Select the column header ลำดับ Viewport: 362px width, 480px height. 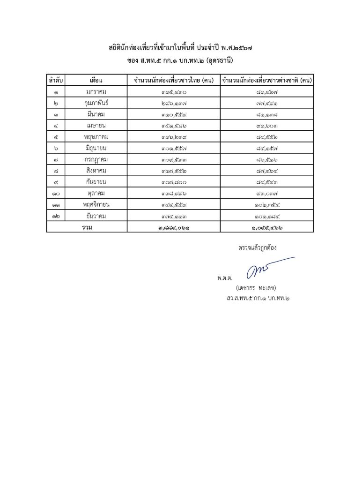tap(56, 80)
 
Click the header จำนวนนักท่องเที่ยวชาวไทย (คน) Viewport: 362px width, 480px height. tap(173, 80)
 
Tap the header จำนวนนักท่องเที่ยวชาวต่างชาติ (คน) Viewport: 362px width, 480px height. tap(267, 80)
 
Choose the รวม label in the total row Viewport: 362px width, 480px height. tap(86, 227)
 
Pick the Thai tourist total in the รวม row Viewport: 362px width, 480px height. tap(173, 227)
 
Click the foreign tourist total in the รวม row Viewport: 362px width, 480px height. tap(267, 227)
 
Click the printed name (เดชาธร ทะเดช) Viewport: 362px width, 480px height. tap(257, 287)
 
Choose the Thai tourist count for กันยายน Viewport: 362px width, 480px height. tap(173, 182)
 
